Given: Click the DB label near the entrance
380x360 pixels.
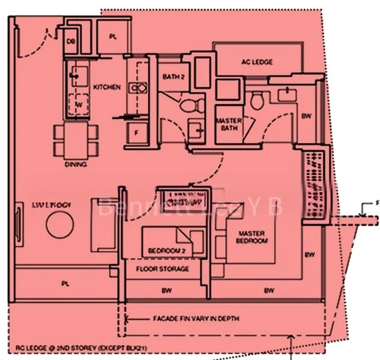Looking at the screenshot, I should pos(71,41).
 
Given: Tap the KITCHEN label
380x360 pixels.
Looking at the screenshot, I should pos(107,87).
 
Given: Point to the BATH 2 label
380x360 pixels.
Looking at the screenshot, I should pos(174,76).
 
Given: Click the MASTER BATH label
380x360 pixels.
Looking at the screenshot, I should pos(229,124).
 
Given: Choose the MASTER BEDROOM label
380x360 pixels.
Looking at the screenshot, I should pos(253,237).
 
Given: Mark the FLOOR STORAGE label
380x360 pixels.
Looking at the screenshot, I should pos(162,269).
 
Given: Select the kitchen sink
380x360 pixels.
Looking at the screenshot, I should pos(77,74).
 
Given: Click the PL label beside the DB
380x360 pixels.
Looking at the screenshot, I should pos(113,37).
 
